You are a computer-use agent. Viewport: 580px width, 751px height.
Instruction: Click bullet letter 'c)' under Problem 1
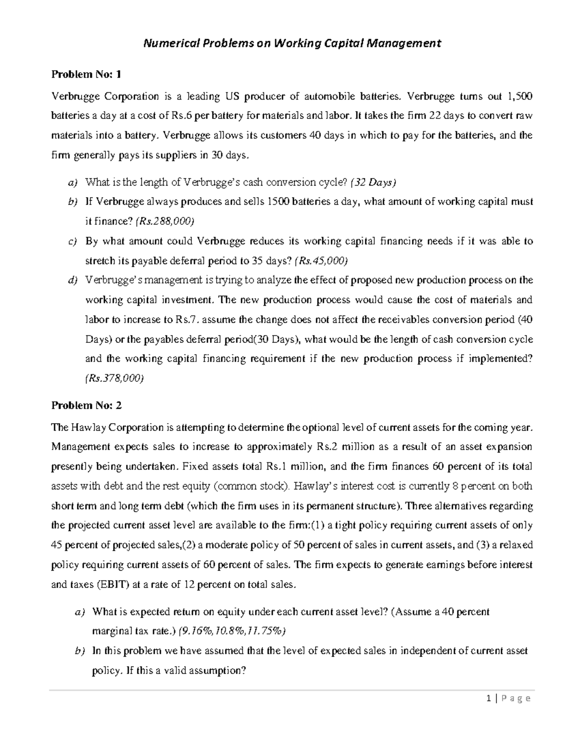pyautogui.click(x=72, y=241)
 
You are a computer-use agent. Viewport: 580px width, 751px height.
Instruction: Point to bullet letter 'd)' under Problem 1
pyautogui.click(x=72, y=280)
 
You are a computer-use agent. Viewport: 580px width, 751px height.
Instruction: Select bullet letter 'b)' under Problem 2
pyautogui.click(x=80, y=651)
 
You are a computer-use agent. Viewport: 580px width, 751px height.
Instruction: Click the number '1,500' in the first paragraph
pyautogui.click(x=519, y=96)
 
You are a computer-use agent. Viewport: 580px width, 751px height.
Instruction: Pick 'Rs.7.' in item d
pyautogui.click(x=187, y=320)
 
